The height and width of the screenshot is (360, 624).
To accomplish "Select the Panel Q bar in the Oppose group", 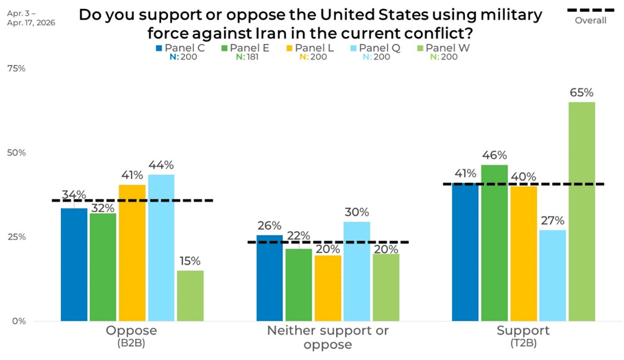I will [161, 248].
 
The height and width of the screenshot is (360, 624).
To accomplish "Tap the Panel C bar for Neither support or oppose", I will [269, 278].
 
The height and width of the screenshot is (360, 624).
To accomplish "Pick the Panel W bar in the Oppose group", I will [190, 296].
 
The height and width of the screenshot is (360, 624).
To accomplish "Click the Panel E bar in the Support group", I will [494, 243].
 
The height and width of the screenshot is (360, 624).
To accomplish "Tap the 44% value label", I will [161, 165].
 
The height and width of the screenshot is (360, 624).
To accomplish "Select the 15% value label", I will [190, 261].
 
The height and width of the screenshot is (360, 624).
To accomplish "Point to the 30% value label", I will [357, 213].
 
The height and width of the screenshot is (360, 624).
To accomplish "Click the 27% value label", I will [552, 221].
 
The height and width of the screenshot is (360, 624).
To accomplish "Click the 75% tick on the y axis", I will [16, 69].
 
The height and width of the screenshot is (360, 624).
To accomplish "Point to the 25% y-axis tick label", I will [16, 237].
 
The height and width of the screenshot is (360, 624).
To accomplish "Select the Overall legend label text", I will [590, 21].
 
